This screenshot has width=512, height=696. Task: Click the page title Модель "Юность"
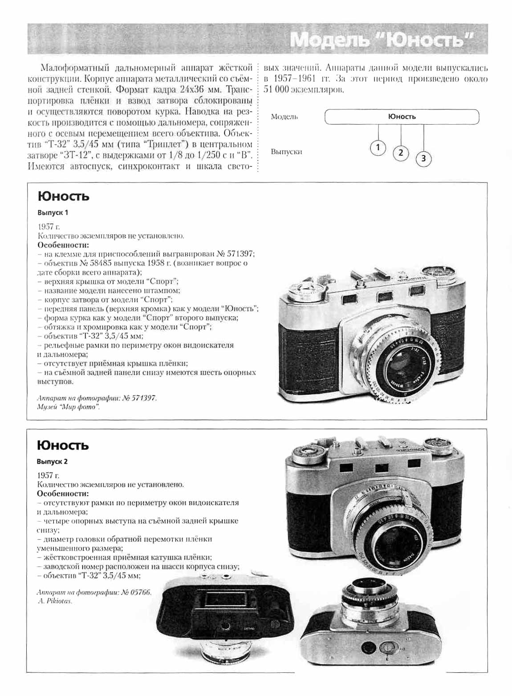382,40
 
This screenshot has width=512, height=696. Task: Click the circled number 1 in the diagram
378,147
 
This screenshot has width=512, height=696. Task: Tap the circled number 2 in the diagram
401,153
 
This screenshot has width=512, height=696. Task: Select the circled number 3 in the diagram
423,158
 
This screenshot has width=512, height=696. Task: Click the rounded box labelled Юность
402,117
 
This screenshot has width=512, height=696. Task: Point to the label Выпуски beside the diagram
286,152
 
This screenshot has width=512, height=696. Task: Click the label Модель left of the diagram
284,117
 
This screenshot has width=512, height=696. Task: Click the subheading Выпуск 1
53,213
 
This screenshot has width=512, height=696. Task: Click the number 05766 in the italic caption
141,592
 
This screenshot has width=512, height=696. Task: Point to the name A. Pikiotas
55,601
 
